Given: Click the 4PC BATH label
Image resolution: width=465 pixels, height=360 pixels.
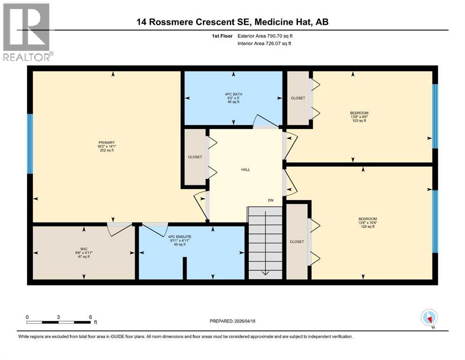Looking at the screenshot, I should pyautogui.click(x=233, y=98).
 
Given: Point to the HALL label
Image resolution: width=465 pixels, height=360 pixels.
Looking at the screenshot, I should pyautogui.click(x=245, y=169).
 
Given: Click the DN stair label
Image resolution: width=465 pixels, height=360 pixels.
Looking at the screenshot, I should pyautogui.click(x=271, y=200).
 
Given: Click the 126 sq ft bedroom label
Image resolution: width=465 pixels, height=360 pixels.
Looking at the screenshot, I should pyautogui.click(x=367, y=223).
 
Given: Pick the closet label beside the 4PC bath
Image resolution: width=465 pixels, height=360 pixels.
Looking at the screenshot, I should pyautogui.click(x=298, y=98).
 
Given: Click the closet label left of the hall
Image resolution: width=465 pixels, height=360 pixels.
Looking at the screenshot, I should pyautogui.click(x=195, y=157).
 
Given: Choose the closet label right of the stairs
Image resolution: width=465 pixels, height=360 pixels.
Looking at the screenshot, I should pyautogui.click(x=297, y=241).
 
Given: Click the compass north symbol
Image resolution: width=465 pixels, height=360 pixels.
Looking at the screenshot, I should pyautogui.click(x=429, y=317).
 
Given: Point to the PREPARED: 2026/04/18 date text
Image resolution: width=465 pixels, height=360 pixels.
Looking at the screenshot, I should pyautogui.click(x=233, y=321).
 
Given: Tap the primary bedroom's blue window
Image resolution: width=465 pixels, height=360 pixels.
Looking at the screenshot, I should pyautogui.click(x=30, y=143).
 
